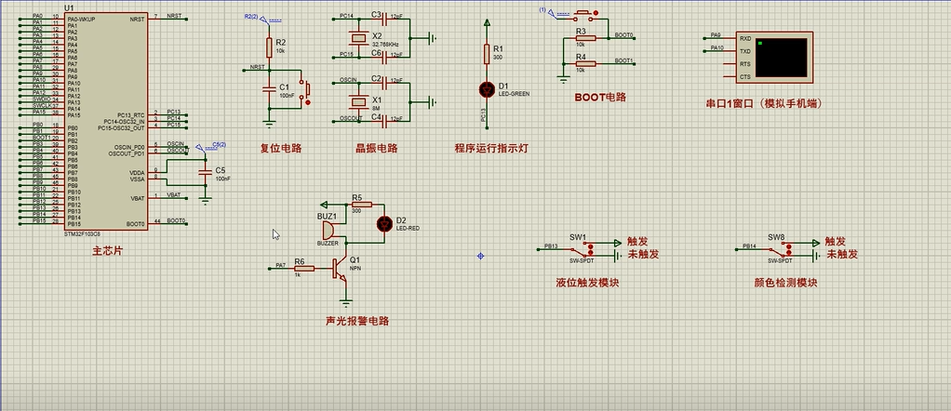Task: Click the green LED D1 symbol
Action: (x=486, y=89)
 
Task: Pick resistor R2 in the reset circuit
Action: (x=269, y=46)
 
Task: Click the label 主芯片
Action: (x=107, y=251)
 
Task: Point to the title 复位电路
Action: (x=281, y=148)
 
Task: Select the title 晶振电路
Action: (x=376, y=148)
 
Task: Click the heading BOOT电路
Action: (x=599, y=97)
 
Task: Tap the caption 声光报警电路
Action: (x=356, y=321)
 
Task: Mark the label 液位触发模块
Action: (x=587, y=283)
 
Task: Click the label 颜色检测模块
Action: (x=785, y=283)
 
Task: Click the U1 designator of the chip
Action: (x=70, y=8)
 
